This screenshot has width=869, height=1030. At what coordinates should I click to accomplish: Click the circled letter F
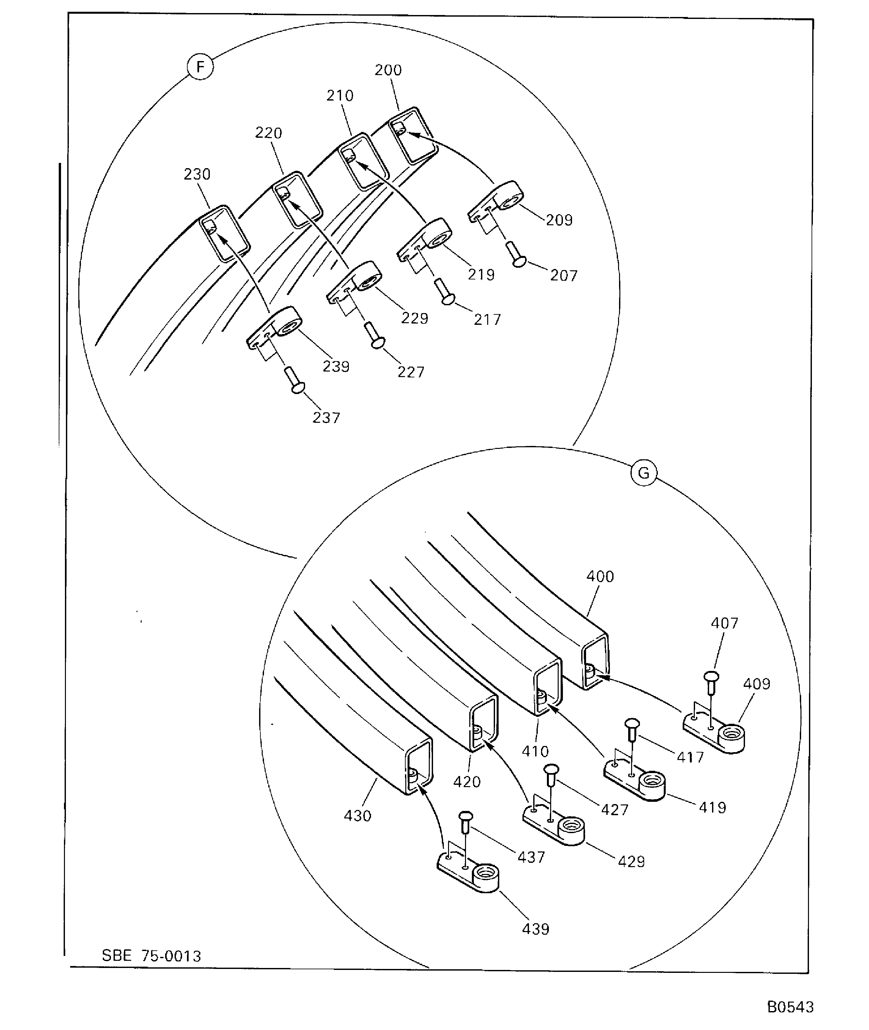200,67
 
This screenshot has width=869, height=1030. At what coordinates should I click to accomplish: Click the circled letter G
644,473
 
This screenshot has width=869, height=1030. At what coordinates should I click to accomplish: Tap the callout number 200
388,70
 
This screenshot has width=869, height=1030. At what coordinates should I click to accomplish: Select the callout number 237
326,418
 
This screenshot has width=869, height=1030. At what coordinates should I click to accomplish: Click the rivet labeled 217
444,291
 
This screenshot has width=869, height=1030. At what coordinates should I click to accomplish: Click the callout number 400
600,577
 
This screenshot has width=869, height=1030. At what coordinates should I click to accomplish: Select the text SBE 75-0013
151,956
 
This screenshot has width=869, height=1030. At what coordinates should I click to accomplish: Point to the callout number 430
357,816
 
